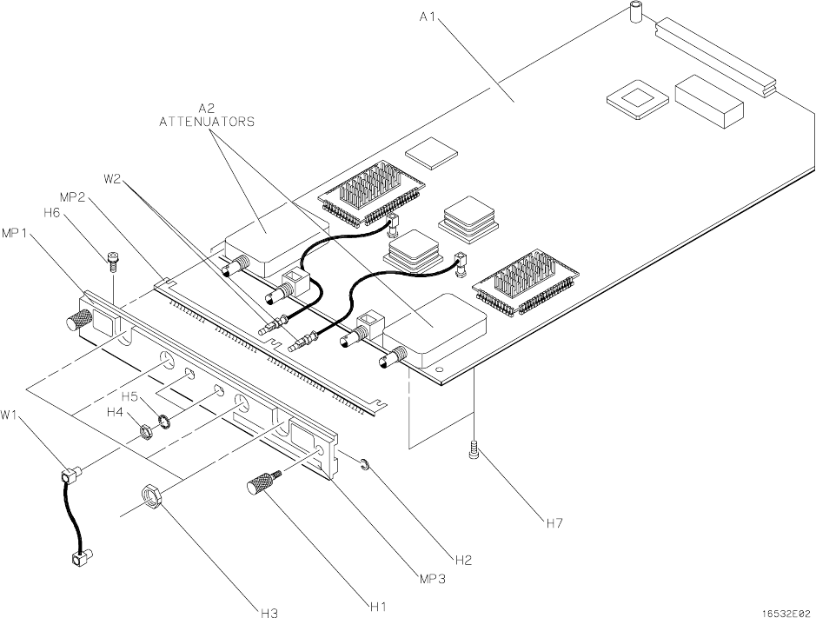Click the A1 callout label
(428, 17)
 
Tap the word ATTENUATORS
(207, 122)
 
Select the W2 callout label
(112, 179)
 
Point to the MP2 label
(73, 198)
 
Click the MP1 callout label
(15, 233)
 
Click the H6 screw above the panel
(112, 262)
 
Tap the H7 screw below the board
(474, 449)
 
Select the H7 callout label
(554, 522)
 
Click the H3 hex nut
(152, 494)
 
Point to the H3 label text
(269, 612)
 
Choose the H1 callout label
(378, 606)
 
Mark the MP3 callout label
(433, 578)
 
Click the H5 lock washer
(164, 422)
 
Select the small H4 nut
(147, 433)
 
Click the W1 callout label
(10, 415)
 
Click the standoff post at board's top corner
(635, 12)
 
